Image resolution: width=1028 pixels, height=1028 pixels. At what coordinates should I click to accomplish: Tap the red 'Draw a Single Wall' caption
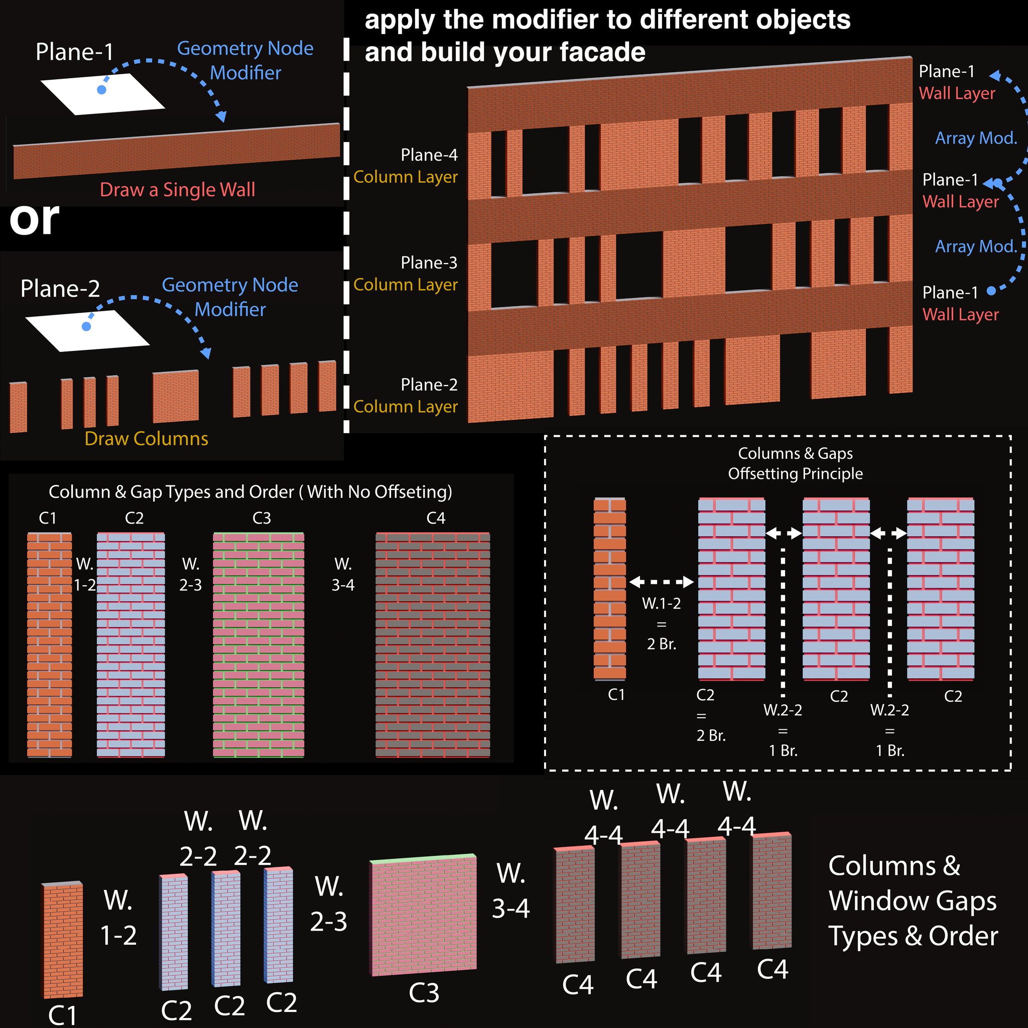click(177, 189)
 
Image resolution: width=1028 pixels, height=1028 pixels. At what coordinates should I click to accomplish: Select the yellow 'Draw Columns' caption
click(147, 438)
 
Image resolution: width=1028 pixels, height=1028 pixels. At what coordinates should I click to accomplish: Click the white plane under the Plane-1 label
click(103, 94)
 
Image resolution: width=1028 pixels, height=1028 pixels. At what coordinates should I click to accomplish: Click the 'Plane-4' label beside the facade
click(429, 155)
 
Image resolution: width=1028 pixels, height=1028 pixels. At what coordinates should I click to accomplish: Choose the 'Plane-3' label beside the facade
click(429, 263)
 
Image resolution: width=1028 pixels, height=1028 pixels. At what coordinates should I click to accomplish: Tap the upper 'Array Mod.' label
click(976, 139)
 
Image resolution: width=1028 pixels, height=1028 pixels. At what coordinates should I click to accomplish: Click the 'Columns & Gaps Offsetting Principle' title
click(795, 463)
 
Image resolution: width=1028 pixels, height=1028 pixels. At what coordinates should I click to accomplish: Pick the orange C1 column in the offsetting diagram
click(610, 588)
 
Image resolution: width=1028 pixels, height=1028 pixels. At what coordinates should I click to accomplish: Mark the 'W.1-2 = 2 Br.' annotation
click(662, 623)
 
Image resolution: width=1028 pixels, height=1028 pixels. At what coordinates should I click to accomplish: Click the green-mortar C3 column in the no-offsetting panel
click(259, 645)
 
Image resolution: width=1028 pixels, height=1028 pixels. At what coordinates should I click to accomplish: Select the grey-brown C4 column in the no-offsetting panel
click(433, 645)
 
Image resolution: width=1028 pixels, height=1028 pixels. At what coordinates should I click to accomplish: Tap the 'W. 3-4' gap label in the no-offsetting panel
click(343, 575)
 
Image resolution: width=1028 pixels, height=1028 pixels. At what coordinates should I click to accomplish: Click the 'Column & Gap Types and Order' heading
click(250, 491)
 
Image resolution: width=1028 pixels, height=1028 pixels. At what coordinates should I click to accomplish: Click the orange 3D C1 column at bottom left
click(63, 940)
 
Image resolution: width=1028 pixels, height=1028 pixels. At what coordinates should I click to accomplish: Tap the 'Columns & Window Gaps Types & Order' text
click(913, 901)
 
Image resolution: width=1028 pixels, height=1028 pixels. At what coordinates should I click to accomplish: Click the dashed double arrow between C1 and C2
click(662, 582)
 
